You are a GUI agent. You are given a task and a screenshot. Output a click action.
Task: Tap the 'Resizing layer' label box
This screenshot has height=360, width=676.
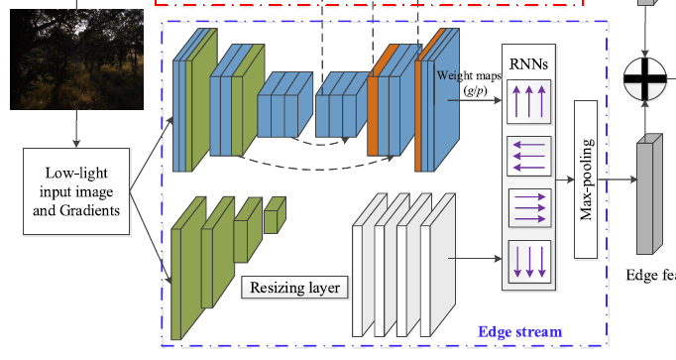[293, 289]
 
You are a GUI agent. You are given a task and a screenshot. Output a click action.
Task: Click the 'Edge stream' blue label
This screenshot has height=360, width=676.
[519, 331]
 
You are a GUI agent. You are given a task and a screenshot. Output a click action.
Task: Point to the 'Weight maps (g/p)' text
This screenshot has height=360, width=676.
[466, 80]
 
